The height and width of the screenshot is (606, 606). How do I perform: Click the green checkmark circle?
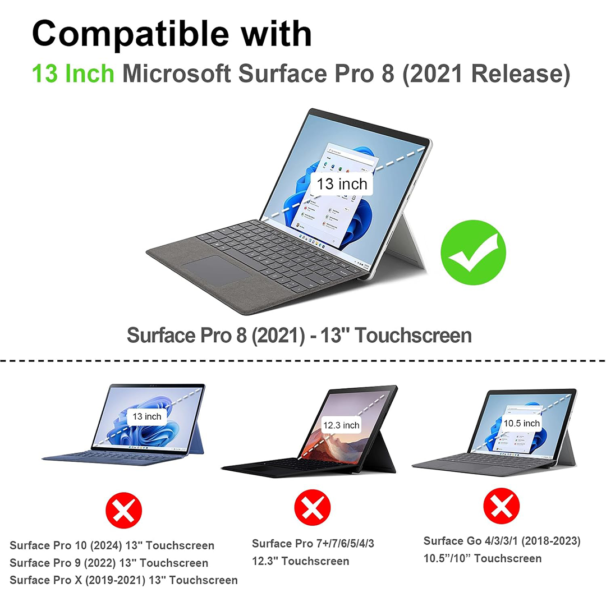click(x=473, y=252)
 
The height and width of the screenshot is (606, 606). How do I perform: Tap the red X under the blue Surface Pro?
click(x=123, y=510)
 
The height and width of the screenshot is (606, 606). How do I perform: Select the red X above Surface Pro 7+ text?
click(x=313, y=507)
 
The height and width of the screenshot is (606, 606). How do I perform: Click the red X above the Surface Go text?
click(x=501, y=506)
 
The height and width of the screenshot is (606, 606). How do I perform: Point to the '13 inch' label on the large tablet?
click(x=342, y=184)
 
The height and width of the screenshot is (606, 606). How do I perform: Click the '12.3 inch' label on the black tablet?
click(x=341, y=425)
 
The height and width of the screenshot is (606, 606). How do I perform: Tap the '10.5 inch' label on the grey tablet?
click(x=521, y=423)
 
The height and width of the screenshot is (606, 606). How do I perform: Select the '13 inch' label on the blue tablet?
click(x=147, y=416)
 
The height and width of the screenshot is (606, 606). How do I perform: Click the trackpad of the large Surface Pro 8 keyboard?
click(x=217, y=270)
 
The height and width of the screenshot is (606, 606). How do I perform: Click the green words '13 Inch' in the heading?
click(x=73, y=74)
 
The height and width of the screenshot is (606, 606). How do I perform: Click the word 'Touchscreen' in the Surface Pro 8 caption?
click(x=414, y=335)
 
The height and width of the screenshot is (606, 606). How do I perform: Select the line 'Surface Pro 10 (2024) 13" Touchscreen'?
click(x=112, y=545)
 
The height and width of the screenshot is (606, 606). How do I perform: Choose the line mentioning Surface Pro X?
click(x=123, y=580)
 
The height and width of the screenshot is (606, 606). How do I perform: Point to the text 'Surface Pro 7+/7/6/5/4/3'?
click(x=313, y=543)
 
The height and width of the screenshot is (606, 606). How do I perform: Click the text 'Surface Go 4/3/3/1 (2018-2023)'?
click(x=502, y=541)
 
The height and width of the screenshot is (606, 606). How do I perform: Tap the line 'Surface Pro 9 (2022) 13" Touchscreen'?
click(x=109, y=563)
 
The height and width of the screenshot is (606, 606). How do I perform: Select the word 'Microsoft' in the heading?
click(x=177, y=74)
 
